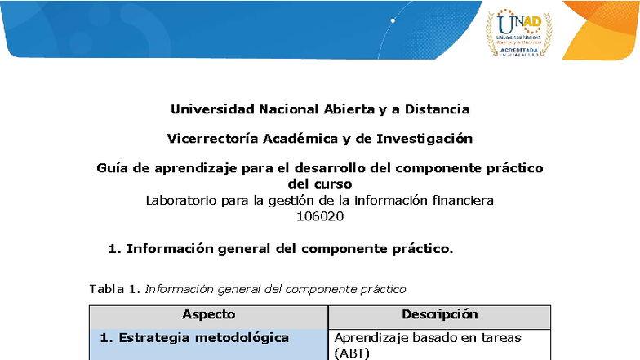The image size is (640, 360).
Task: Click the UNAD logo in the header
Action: [x=519, y=33]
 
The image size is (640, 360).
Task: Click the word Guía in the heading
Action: [x=113, y=169]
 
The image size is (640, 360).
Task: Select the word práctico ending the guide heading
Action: [x=513, y=169]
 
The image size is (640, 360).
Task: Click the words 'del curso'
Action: [x=320, y=184]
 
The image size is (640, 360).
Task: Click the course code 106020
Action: [x=320, y=216]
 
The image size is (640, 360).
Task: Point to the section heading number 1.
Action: [x=113, y=249]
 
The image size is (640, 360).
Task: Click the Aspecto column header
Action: [x=208, y=314]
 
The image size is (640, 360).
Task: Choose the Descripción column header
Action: [x=439, y=314]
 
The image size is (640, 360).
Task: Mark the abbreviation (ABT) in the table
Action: [x=352, y=353]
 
